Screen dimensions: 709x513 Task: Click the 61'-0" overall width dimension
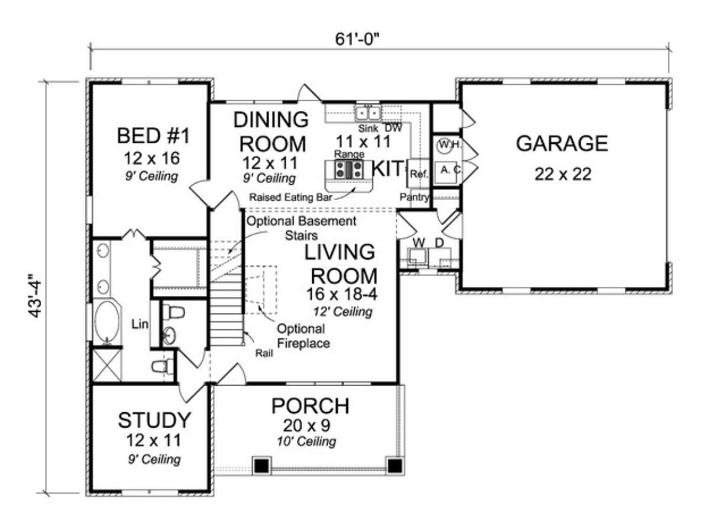click(357, 40)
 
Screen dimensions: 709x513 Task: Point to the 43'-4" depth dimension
click(35, 295)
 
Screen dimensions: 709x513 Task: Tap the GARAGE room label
click(562, 144)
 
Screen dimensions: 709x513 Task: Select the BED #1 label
click(153, 135)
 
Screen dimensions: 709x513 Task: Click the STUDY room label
click(154, 420)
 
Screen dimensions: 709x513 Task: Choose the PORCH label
click(310, 406)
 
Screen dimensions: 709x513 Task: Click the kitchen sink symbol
click(367, 113)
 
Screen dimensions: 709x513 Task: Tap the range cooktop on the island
click(349, 170)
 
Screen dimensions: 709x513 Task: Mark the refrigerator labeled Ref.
click(418, 173)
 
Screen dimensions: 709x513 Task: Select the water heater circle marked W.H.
click(444, 145)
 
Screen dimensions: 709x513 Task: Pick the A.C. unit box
click(446, 173)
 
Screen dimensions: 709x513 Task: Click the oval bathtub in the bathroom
click(108, 322)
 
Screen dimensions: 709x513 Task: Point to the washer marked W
click(418, 256)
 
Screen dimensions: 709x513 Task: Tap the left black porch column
click(262, 466)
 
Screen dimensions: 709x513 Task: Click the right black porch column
click(395, 466)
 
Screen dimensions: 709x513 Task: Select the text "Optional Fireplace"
click(303, 336)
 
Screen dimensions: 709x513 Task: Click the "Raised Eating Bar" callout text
click(291, 197)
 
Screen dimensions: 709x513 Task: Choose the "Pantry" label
click(414, 197)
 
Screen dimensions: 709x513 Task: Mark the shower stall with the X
click(108, 365)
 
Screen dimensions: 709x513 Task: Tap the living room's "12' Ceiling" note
click(343, 312)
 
